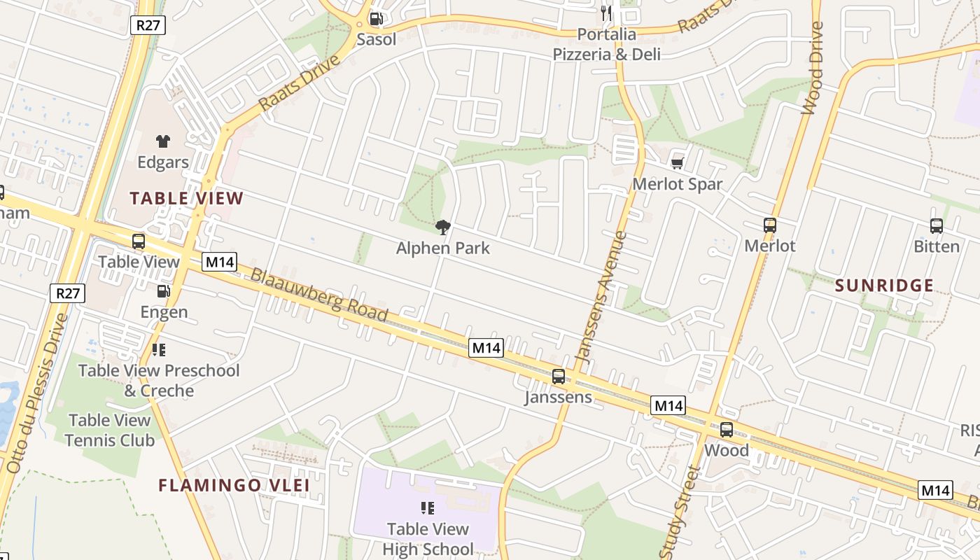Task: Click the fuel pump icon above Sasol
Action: (376, 19)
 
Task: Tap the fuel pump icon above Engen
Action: (163, 291)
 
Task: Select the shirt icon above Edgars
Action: (163, 141)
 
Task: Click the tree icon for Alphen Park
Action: (442, 227)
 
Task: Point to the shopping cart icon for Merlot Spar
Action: (677, 163)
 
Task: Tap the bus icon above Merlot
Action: (770, 225)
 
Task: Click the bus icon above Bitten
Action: (937, 226)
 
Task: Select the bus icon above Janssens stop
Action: (559, 377)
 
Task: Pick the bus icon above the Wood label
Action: (727, 430)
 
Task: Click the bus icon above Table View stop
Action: (139, 241)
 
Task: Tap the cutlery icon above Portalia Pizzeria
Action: (606, 13)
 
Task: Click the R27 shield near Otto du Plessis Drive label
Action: (68, 293)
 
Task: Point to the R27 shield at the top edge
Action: (148, 25)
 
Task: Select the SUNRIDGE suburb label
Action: (885, 286)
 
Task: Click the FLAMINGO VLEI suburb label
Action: (234, 485)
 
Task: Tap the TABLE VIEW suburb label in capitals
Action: (187, 198)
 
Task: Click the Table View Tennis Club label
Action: (110, 430)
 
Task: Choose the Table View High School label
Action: (428, 538)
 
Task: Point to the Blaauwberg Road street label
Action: (319, 295)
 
